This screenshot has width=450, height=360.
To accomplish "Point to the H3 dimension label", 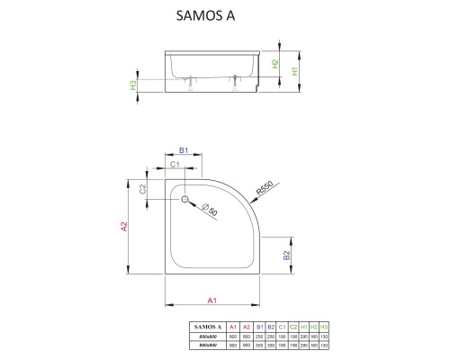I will pos(134,85).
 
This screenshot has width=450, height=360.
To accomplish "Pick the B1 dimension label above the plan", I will pos(183,152).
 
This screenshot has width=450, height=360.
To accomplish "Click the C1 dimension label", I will pos(175,165).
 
